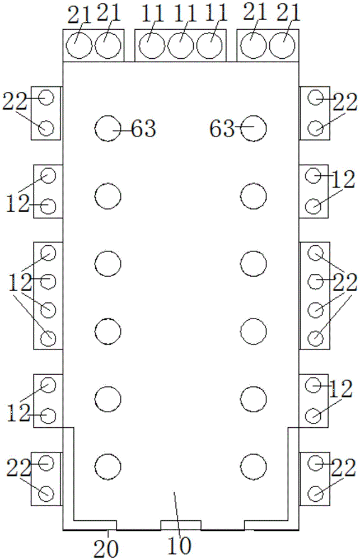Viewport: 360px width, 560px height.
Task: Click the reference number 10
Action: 180,545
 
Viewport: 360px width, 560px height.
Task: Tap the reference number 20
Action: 106,548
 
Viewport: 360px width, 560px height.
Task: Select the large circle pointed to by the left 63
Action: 108,129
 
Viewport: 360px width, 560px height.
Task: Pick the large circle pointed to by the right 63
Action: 254,128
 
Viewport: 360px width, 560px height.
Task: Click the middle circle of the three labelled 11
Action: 181,46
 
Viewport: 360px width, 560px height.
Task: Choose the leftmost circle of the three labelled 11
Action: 152,46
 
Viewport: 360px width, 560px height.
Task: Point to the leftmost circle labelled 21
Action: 80,45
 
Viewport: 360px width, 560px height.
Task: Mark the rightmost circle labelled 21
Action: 282,45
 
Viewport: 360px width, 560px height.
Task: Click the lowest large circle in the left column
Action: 108,466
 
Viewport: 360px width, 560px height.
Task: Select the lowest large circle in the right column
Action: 254,466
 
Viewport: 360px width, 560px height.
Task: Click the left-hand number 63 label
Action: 143,128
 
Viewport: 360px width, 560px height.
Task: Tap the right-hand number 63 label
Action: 222,128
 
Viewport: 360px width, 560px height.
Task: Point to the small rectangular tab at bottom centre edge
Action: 181,525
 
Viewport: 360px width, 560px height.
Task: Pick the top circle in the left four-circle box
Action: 48,253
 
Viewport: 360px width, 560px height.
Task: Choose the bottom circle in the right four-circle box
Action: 315,338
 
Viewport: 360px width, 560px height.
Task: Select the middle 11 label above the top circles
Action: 184,14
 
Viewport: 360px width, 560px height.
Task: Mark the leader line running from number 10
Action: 176,514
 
